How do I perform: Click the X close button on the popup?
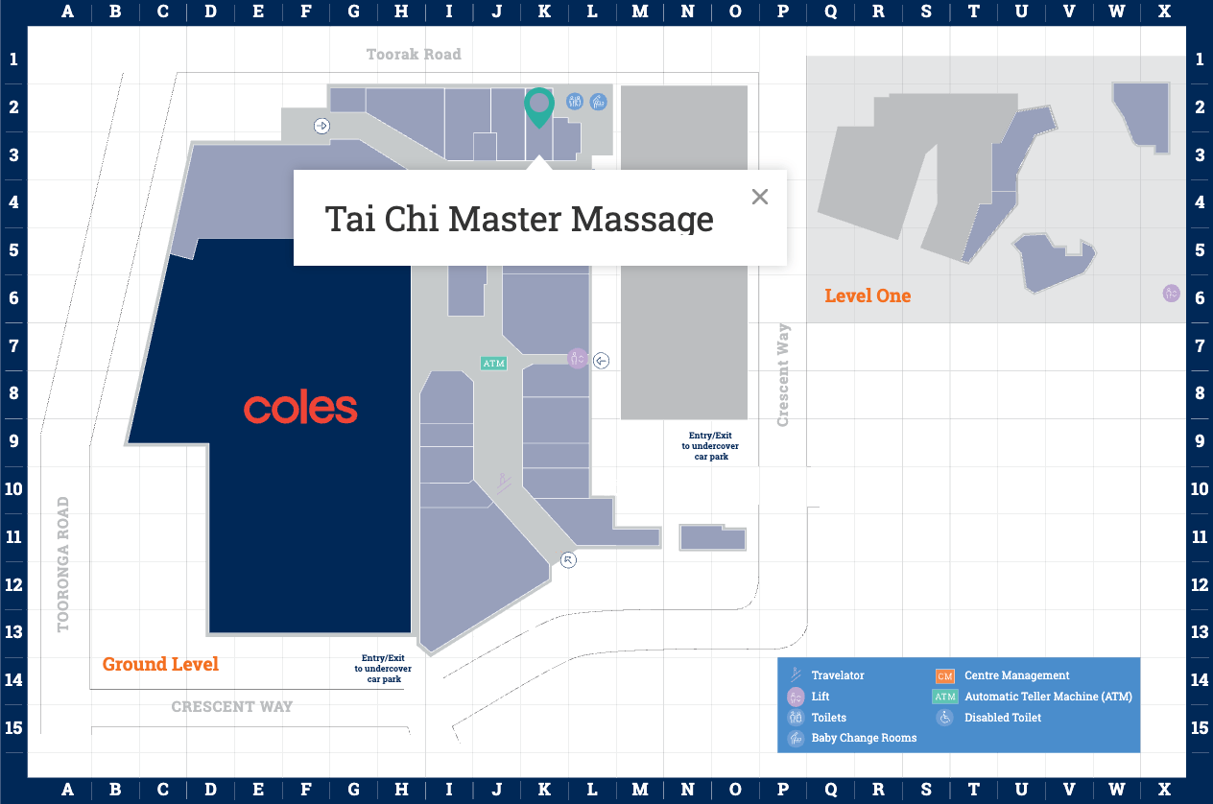click(760, 197)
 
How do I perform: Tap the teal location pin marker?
click(539, 106)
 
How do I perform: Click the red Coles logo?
click(300, 409)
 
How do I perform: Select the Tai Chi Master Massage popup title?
click(519, 219)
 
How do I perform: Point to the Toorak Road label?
click(414, 55)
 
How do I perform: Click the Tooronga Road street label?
click(64, 564)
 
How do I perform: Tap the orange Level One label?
click(868, 296)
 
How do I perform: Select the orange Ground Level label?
click(160, 664)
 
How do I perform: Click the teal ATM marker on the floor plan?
click(493, 364)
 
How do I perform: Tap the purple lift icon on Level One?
click(1171, 294)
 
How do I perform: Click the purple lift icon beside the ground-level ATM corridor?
click(577, 359)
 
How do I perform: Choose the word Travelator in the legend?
click(838, 675)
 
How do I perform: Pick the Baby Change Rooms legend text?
click(864, 738)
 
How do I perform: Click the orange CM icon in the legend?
click(945, 675)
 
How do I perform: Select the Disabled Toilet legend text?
click(1003, 717)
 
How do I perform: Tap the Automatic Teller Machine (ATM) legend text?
click(1048, 697)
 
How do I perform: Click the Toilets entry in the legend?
click(829, 717)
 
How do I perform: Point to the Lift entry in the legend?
click(821, 697)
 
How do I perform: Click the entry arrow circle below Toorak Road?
click(322, 125)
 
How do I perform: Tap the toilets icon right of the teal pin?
click(575, 101)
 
